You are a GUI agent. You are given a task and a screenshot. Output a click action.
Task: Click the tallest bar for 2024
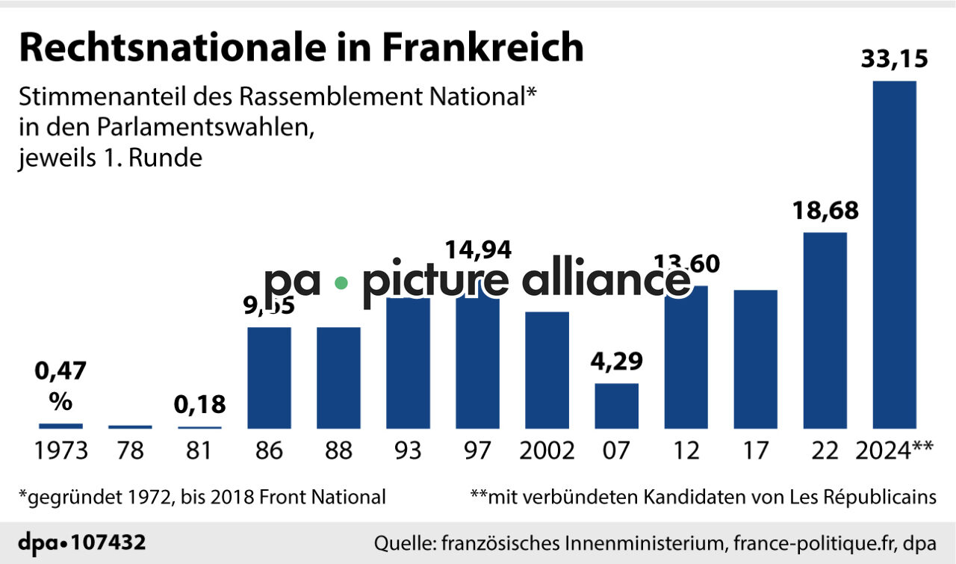coord(894,254)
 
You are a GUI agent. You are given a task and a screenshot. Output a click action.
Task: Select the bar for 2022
coord(825,330)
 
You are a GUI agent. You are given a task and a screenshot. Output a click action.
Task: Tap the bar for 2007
coord(616,406)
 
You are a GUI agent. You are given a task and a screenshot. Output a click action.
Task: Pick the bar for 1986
coord(269,377)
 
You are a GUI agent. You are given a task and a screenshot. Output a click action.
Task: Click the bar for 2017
coord(755,359)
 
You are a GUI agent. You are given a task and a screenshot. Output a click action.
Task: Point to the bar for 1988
coord(338,377)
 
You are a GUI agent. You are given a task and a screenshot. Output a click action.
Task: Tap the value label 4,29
coord(616,362)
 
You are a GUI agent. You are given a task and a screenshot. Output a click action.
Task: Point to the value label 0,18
coord(199,406)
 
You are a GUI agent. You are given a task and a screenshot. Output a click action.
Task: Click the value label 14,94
coord(478,250)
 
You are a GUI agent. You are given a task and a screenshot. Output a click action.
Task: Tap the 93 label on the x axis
coord(407,451)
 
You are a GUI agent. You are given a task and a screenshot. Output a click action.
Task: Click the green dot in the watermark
coord(341,283)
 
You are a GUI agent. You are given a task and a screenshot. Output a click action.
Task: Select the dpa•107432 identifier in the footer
coord(81,542)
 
